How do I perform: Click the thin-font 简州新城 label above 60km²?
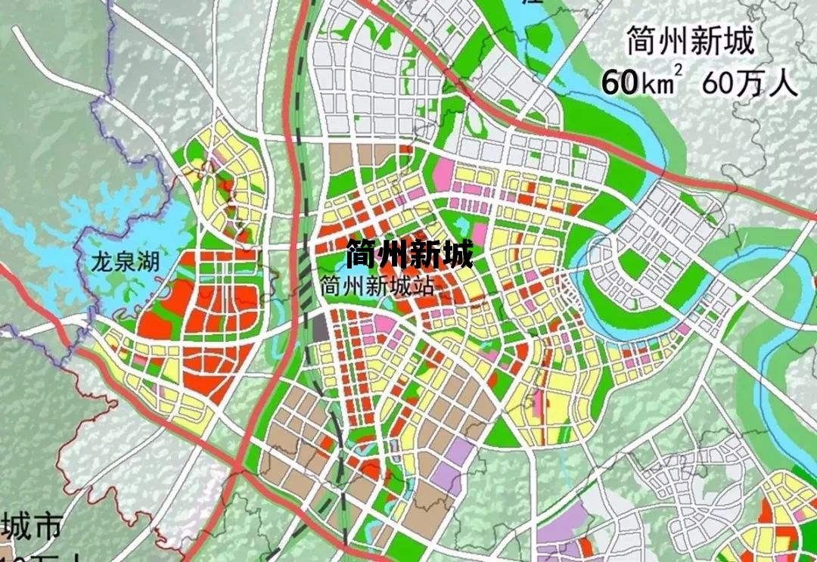pyautogui.click(x=690, y=42)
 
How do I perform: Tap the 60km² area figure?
pyautogui.click(x=637, y=82)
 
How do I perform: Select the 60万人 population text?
pyautogui.click(x=750, y=82)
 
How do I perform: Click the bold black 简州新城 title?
pyautogui.click(x=409, y=254)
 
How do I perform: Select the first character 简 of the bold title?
pyautogui.click(x=361, y=254)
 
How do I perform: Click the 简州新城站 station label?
pyautogui.click(x=371, y=287)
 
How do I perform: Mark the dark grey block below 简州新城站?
pyautogui.click(x=320, y=327)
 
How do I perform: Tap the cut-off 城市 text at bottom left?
pyautogui.click(x=30, y=526)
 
